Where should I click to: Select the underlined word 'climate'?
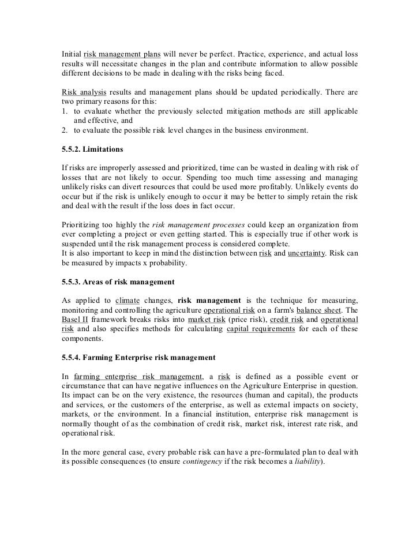(128, 300)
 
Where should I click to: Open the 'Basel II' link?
(75, 319)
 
